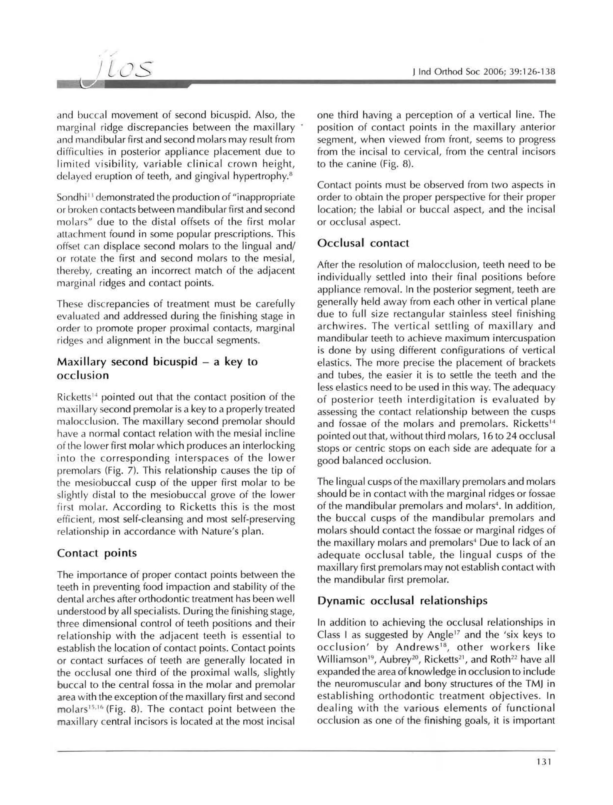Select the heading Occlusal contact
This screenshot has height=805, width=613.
[x=363, y=243]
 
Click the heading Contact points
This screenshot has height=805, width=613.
[x=97, y=553]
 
